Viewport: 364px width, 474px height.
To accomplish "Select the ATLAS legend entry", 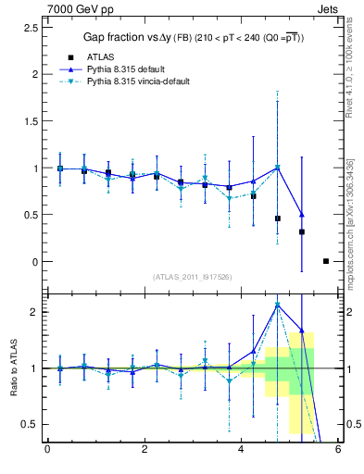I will coord(103,56).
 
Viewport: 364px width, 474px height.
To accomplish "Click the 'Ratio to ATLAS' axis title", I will coord(13,368).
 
